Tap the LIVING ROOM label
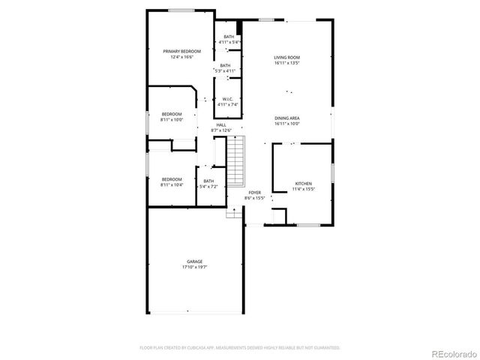click(286, 57)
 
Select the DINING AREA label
click(286, 118)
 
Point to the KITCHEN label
click(303, 183)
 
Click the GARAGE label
click(194, 261)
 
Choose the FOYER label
click(255, 193)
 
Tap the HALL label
click(222, 125)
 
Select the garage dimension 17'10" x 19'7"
click(194, 266)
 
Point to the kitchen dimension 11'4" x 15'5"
click(303, 188)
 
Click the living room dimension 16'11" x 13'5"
click(286, 62)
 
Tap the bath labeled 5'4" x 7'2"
click(208, 184)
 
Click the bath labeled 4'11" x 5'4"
click(228, 40)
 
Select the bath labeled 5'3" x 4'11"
click(226, 68)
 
